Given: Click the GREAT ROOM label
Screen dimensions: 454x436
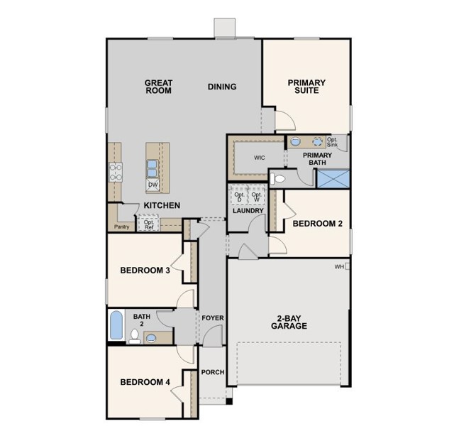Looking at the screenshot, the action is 158,87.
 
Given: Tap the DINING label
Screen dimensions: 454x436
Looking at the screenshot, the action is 222,87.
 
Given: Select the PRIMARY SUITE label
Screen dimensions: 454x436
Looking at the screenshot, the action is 306,87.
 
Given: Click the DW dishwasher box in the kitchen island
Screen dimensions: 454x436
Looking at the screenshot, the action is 153,185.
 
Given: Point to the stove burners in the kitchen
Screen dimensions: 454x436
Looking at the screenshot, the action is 115,172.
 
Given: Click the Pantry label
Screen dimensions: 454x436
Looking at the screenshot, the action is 121,227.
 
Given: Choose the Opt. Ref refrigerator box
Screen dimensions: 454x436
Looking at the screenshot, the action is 149,223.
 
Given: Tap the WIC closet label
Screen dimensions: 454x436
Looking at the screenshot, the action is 259,158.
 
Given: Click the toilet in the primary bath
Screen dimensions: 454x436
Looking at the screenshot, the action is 277,179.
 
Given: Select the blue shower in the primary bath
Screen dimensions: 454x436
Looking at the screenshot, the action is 333,179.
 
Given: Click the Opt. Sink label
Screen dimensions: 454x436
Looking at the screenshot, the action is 332,142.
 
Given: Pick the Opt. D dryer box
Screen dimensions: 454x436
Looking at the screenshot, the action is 239,196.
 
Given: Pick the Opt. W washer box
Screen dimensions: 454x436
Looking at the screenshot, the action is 257,196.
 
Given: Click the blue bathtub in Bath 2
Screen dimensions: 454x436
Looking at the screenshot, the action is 116,325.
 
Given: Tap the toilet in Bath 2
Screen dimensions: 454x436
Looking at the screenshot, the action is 134,337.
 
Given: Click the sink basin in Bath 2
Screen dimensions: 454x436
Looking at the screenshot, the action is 151,338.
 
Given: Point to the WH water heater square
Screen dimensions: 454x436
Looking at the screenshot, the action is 347,266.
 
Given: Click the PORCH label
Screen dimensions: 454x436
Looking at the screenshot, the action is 213,372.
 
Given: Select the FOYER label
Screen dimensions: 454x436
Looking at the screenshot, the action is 213,318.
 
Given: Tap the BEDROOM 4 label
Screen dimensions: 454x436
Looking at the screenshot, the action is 145,382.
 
